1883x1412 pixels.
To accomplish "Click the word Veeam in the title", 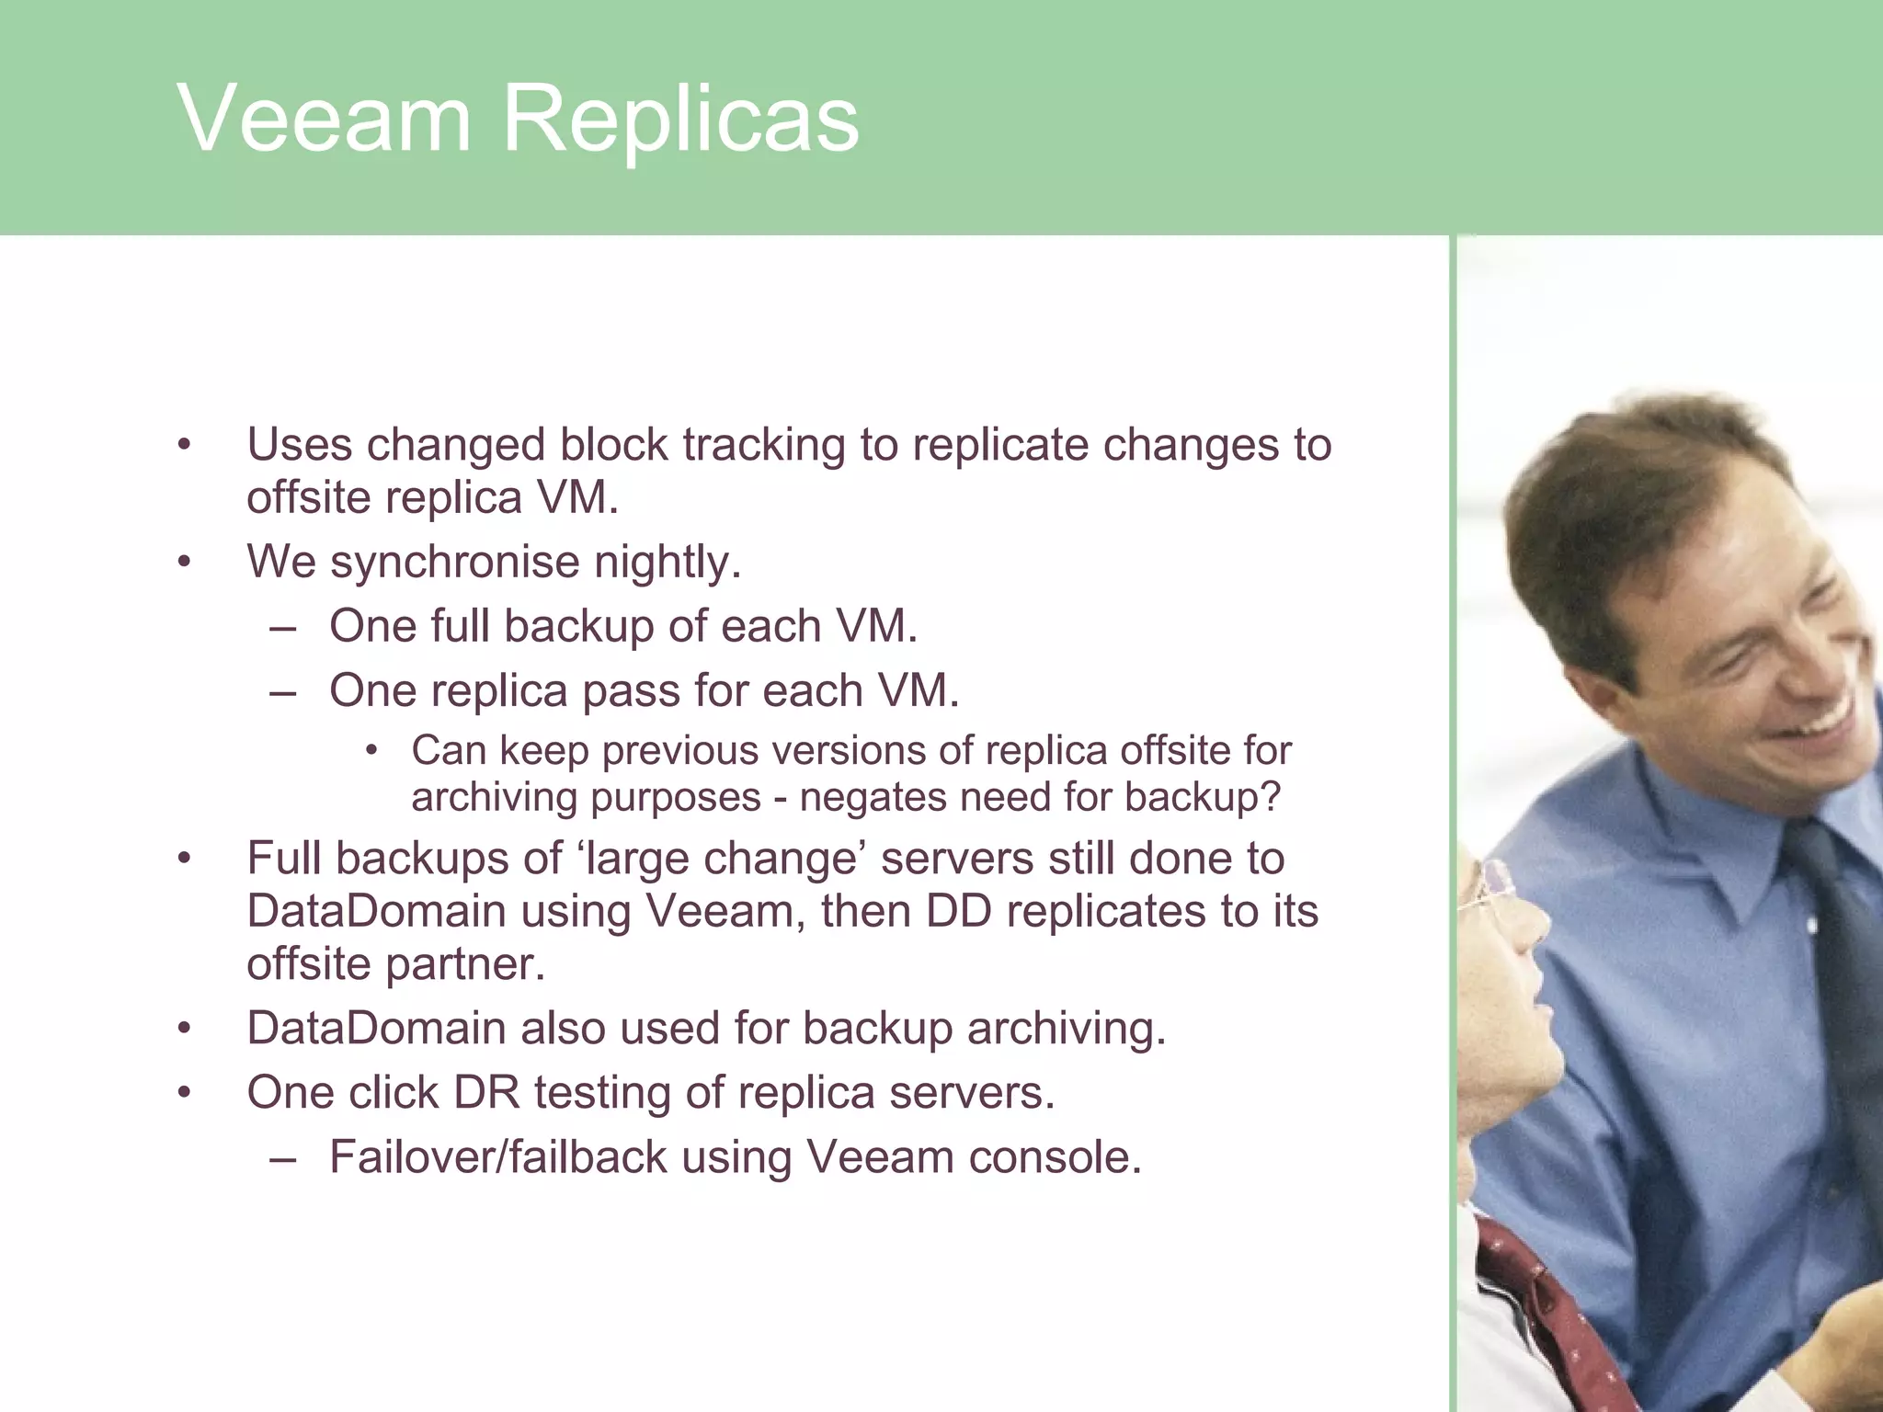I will click(324, 119).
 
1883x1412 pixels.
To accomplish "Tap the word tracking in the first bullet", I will click(765, 445).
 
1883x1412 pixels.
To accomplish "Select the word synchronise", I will click(455, 563).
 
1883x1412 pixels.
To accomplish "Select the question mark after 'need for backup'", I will click(1272, 796).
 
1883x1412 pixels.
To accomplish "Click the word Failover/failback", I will click(497, 1157).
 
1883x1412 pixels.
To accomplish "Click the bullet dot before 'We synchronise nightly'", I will click(185, 562).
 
